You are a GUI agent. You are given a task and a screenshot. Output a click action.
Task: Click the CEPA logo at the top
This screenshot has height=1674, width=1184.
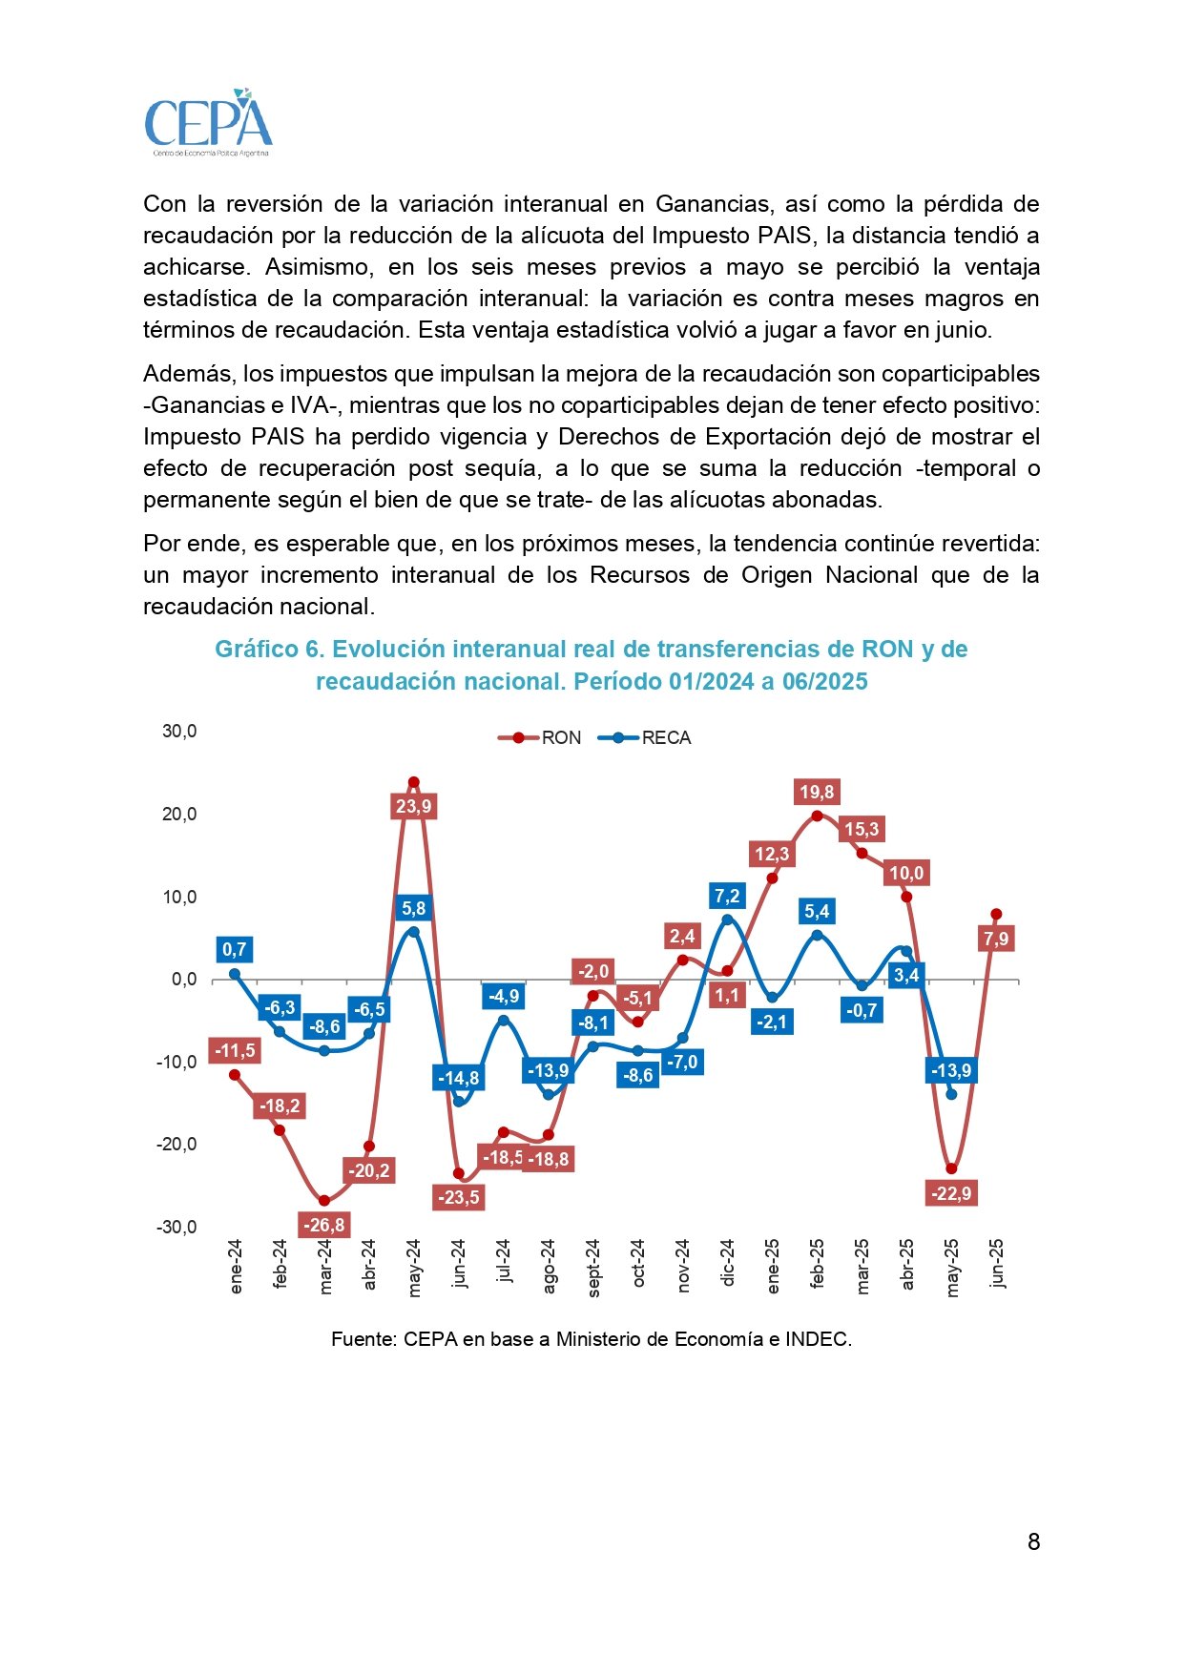point(208,123)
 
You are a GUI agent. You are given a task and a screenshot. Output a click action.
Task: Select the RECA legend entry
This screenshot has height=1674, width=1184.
point(645,738)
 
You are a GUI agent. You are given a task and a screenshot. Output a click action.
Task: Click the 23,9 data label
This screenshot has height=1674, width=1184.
point(413,807)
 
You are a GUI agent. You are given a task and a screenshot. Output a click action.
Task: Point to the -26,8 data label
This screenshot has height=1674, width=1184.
point(323,1225)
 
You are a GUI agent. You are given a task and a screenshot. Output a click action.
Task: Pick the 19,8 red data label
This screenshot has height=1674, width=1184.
point(817,792)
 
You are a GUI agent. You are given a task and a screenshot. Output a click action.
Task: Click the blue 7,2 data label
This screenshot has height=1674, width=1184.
point(727,896)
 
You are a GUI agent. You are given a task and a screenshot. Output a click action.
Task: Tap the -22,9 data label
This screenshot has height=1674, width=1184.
point(951,1193)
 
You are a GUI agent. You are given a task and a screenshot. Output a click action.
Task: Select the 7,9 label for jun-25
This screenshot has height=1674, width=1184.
point(995,940)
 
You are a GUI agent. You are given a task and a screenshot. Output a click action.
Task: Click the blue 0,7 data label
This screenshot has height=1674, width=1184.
point(234,949)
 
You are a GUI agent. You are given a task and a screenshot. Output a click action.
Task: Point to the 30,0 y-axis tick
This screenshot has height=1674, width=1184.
point(179,732)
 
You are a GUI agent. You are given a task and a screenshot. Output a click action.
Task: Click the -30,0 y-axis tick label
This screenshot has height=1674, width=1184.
point(177,1227)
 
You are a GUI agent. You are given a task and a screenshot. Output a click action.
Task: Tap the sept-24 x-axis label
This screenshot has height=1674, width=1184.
point(593,1267)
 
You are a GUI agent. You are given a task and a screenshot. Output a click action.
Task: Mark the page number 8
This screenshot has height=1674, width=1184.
point(1033,1542)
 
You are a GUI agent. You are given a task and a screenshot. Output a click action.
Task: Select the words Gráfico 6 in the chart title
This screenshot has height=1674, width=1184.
point(269,650)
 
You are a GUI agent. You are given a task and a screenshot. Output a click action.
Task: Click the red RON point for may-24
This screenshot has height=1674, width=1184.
point(413,782)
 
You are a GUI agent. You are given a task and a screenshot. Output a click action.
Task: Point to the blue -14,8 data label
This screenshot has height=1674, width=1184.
point(458,1078)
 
